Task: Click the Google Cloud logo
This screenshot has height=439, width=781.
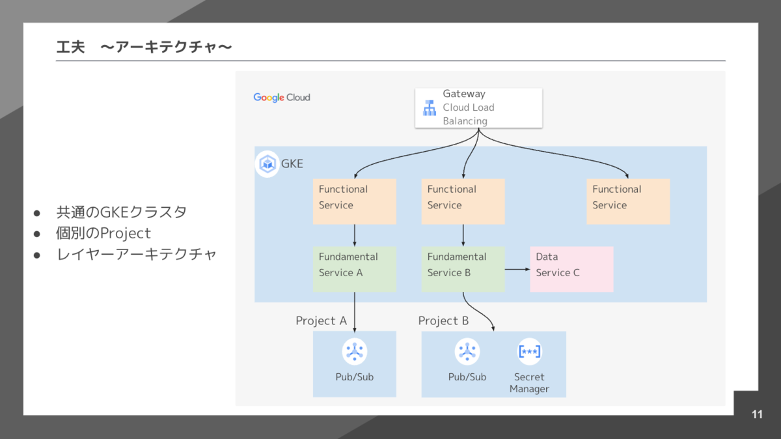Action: point(282,97)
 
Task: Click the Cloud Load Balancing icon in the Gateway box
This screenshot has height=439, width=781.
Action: point(429,108)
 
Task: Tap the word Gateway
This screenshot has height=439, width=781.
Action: point(464,94)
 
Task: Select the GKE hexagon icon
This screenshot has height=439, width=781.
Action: point(267,163)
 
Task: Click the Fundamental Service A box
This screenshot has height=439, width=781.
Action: point(355,269)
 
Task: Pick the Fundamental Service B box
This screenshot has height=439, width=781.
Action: point(463,269)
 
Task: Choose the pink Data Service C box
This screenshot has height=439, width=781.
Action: point(571,269)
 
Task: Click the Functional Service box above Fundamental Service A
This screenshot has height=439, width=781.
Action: point(355,201)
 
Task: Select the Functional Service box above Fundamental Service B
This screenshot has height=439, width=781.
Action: point(463,201)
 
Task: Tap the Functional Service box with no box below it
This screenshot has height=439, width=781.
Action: point(628,201)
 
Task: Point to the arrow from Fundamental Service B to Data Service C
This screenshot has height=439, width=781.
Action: point(517,269)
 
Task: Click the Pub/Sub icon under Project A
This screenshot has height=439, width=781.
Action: point(355,352)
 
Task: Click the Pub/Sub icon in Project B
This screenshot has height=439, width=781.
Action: point(467,352)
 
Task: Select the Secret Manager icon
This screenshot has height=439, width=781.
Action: point(529,352)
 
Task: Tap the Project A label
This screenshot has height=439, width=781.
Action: point(321,320)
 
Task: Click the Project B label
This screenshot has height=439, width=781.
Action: point(443,320)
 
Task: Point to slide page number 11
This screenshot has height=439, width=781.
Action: point(757,414)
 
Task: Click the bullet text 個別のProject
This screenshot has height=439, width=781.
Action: point(103,233)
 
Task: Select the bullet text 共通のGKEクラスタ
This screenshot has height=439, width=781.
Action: point(121,212)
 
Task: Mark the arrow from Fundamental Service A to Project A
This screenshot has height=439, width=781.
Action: point(355,311)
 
